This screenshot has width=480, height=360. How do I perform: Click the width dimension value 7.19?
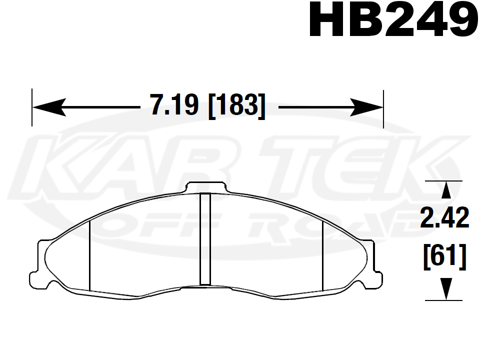pos(175,106)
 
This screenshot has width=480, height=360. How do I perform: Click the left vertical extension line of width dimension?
pos(32,107)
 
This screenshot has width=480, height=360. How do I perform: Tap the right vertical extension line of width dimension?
pos(383,107)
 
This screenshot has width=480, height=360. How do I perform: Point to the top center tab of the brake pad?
pos(205,186)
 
